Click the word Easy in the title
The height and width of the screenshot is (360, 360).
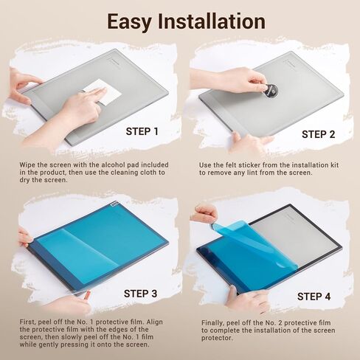(129, 21)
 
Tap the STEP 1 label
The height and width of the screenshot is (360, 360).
(142, 131)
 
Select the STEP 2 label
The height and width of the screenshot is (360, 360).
(318, 134)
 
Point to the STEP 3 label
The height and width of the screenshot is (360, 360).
(140, 294)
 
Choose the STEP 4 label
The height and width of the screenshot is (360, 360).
(314, 297)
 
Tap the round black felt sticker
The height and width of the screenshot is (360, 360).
(271, 91)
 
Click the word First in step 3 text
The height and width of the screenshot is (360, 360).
(28, 322)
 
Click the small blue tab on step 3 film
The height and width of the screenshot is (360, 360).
(114, 204)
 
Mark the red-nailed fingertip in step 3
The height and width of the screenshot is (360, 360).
(87, 294)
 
